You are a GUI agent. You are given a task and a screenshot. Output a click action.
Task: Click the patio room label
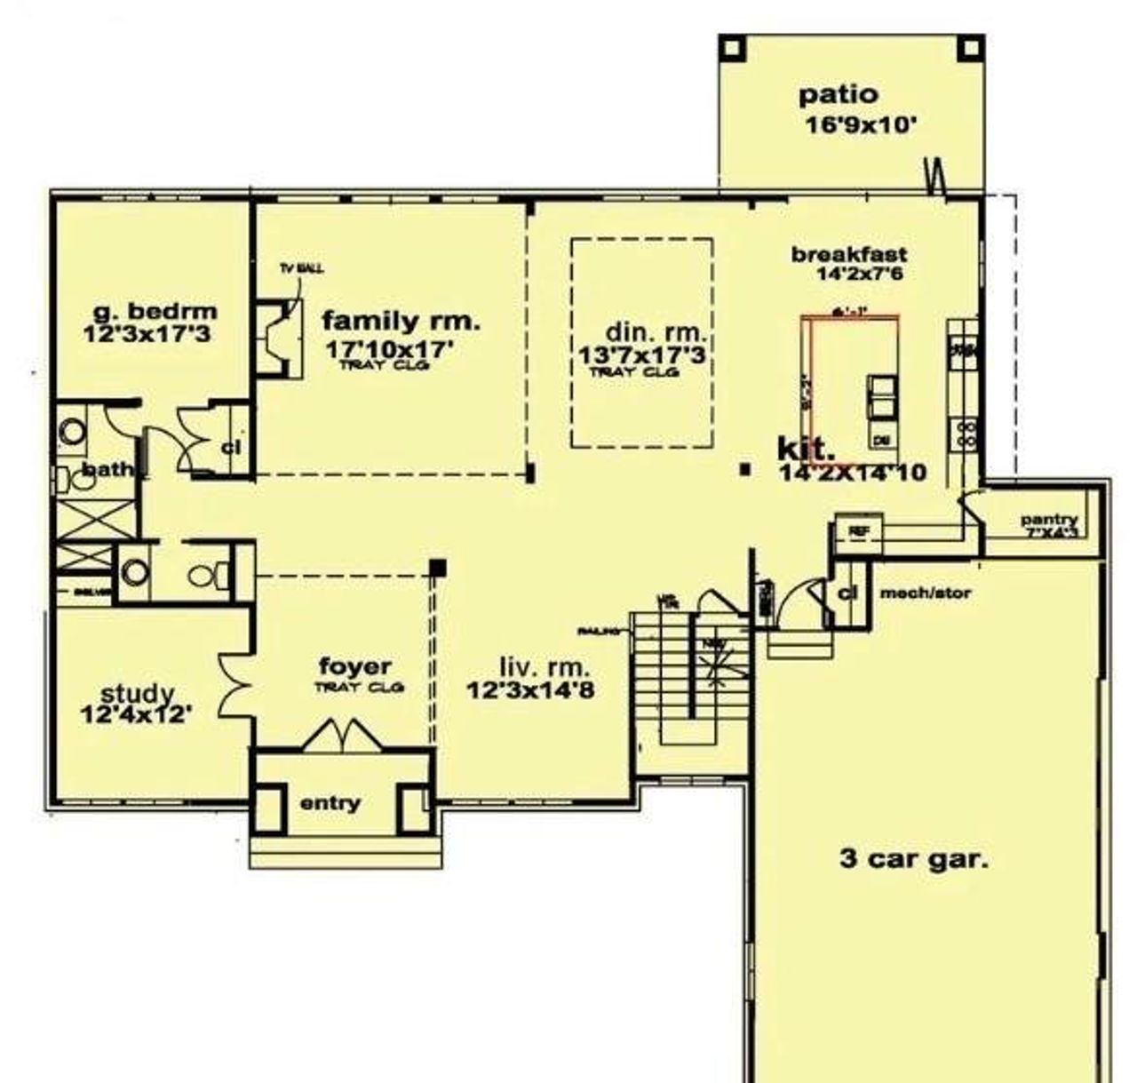coord(838,95)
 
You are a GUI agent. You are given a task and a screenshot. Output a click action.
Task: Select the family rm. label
coord(401,321)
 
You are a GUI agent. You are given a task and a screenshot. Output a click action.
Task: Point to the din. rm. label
coord(656,333)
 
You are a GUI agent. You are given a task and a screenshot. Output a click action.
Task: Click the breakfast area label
coord(849,255)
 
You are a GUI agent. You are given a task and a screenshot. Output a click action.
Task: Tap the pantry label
coord(1048,520)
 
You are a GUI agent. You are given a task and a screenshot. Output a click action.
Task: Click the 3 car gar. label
coord(913,859)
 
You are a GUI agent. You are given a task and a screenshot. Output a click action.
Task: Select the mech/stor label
coord(925,593)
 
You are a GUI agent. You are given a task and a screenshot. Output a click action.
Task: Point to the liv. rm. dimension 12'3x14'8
coord(530,689)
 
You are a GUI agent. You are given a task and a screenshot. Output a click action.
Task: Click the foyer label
coord(354,666)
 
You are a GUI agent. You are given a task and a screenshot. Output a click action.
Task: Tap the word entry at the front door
coord(330,803)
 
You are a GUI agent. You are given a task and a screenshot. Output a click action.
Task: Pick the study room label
coord(137,693)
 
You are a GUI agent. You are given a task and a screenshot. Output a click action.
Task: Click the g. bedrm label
coord(155,312)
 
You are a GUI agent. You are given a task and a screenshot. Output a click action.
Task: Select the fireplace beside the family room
coord(275,340)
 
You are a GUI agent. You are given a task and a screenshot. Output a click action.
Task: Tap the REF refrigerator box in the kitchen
coord(857,531)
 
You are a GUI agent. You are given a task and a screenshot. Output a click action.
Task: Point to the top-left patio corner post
coord(732,48)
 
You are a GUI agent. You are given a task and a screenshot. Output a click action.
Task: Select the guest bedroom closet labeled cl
coord(231,447)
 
